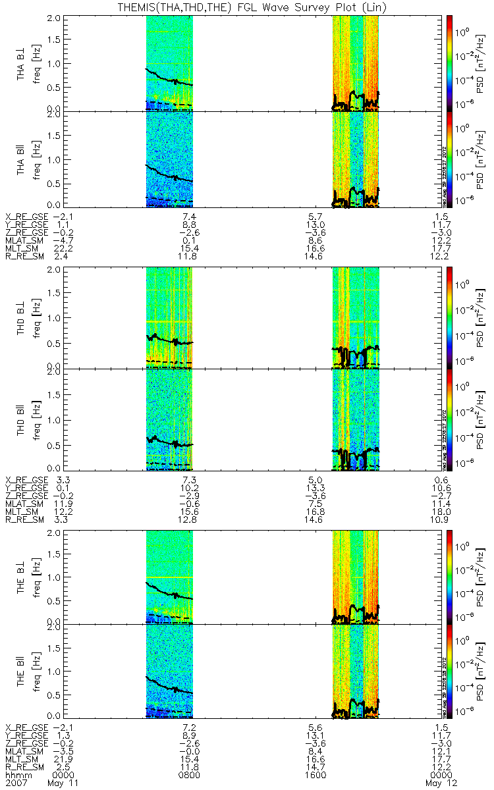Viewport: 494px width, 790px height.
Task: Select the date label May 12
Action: pyautogui.click(x=437, y=783)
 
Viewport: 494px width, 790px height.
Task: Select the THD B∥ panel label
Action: pyautogui.click(x=22, y=419)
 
